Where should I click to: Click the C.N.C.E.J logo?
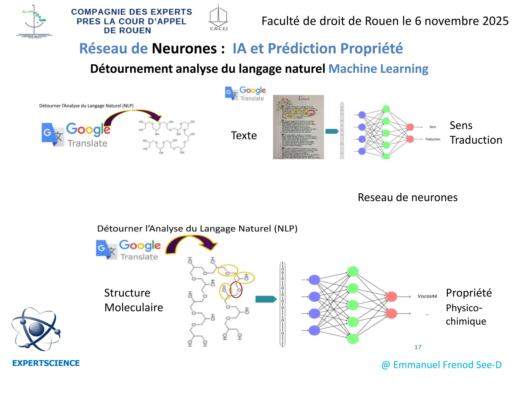pos(218,18)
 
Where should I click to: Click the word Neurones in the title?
pos(184,48)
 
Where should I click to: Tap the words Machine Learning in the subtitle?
pos(378,69)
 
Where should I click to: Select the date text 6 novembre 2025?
pos(461,21)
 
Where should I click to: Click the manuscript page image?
pos(298,127)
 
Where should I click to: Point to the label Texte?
pos(244,136)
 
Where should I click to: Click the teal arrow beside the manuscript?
pos(332,131)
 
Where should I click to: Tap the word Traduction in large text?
pos(476,140)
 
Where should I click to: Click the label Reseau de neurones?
pos(408,197)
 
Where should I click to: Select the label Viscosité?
pos(427,296)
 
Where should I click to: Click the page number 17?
pos(418,347)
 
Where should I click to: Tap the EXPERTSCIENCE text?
pos(46,363)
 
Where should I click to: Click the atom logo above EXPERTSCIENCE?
pos(36,329)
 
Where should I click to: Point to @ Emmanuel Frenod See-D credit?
pos(441,365)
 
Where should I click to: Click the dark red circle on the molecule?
pos(236,290)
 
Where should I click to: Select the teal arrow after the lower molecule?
pos(266,299)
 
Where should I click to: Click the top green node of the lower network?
pos(353,271)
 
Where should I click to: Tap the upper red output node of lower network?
pos(391,297)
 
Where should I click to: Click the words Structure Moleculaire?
pos(133,300)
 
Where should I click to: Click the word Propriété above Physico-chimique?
pos(469,293)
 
